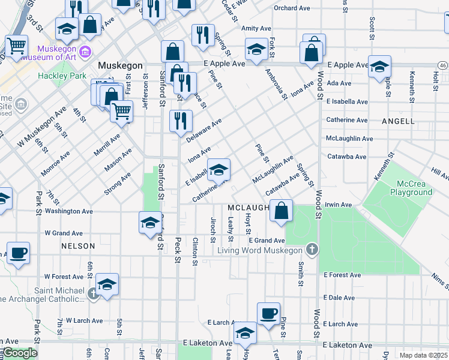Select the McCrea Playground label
tap(411, 188)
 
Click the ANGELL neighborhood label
tap(398, 121)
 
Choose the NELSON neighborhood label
tap(78, 246)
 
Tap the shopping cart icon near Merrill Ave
tap(122, 110)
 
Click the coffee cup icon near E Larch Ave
tap(268, 313)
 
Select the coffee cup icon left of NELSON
tap(18, 253)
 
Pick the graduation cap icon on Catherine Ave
tap(218, 169)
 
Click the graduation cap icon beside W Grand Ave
tap(150, 223)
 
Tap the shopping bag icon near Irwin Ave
tap(281, 211)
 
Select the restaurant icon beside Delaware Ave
tap(181, 121)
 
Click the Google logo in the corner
tap(20, 353)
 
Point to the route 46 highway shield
tap(442, 65)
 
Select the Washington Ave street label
tap(69, 211)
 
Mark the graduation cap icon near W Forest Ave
tap(107, 284)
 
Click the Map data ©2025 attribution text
tap(423, 355)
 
